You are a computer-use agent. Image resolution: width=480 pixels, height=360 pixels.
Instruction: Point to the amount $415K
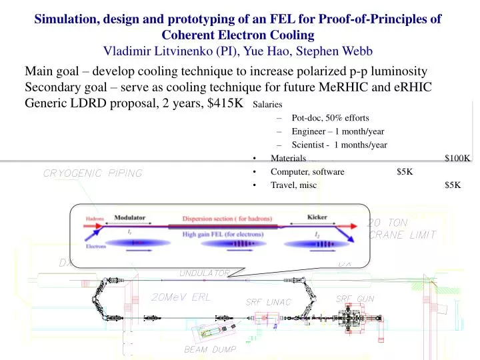223,102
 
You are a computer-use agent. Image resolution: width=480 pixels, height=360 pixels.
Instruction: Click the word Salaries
268,105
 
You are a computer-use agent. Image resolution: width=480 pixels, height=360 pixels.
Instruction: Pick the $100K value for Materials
458,158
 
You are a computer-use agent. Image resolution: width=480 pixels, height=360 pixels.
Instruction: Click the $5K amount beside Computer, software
405,171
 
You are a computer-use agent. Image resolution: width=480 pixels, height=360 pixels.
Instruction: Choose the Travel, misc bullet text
294,185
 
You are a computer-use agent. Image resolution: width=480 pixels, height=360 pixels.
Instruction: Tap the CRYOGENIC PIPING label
93,174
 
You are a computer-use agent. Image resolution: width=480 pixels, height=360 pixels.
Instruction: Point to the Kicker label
317,217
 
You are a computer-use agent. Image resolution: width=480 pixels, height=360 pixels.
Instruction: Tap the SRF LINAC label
269,302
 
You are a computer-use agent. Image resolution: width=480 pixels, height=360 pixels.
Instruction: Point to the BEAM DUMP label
209,349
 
